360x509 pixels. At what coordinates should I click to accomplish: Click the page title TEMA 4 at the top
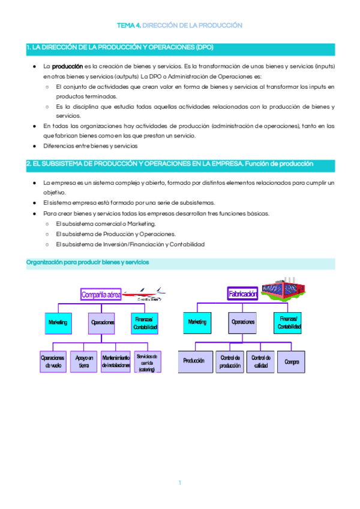click(180, 26)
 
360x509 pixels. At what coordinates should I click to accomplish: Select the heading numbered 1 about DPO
click(120, 47)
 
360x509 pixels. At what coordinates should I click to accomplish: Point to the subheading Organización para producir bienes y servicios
click(88, 262)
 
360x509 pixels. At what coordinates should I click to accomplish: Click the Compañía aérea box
click(101, 294)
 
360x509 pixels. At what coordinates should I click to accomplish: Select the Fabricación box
click(243, 294)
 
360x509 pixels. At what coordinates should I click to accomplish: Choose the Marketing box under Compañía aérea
click(58, 323)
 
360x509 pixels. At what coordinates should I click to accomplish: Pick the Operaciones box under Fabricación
click(243, 322)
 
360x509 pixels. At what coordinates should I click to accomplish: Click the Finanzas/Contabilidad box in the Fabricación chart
click(289, 322)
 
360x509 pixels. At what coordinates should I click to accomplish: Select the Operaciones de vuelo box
click(53, 361)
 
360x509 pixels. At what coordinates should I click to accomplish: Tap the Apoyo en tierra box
click(84, 361)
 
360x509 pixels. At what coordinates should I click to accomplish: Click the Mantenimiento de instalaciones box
click(116, 361)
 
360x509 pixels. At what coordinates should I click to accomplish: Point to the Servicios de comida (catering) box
click(147, 361)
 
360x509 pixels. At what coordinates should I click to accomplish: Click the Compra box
click(292, 361)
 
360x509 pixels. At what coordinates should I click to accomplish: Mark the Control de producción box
click(230, 361)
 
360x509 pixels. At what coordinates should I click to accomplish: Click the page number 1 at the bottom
click(179, 483)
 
